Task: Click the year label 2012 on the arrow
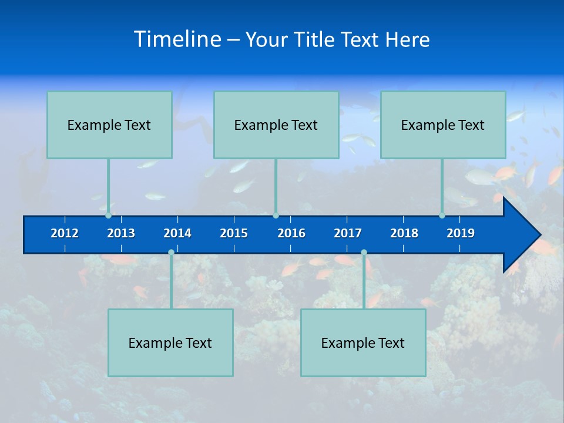click(65, 233)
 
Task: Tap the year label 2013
click(121, 233)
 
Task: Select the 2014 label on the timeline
click(177, 233)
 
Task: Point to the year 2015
click(234, 233)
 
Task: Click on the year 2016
click(291, 233)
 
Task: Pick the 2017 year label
click(348, 233)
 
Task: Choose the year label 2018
click(404, 233)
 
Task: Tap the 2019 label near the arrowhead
click(461, 233)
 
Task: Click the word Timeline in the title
click(177, 39)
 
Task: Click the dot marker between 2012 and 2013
click(109, 216)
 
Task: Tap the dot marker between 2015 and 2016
click(276, 216)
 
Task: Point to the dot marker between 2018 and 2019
click(442, 216)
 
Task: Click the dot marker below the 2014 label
click(171, 252)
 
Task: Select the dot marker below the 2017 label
click(364, 252)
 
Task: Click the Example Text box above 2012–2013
click(109, 125)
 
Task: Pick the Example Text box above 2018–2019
click(443, 125)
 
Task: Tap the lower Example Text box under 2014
click(170, 343)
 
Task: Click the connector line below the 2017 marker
click(364, 282)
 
